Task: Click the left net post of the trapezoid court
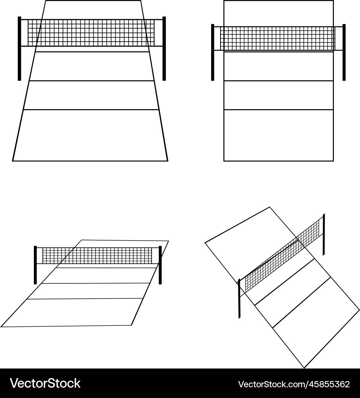(x=19, y=49)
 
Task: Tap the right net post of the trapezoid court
(x=164, y=49)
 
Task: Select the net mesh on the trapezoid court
(x=91, y=33)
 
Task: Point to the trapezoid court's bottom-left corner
(x=13, y=161)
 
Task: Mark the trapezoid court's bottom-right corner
(x=168, y=161)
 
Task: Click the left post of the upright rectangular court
(x=212, y=52)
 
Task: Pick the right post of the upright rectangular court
(x=344, y=52)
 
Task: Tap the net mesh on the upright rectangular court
(x=278, y=38)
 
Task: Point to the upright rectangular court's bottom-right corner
(x=333, y=161)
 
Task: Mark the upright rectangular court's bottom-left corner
(x=224, y=161)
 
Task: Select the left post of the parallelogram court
(x=35, y=265)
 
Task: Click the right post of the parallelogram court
(x=160, y=265)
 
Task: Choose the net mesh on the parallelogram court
(x=97, y=256)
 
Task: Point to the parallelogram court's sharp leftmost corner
(x=1, y=327)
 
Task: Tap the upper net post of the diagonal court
(x=324, y=234)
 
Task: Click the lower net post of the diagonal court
(x=239, y=298)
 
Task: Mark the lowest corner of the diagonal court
(x=304, y=368)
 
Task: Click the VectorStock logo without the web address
(x=45, y=383)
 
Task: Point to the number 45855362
(x=329, y=384)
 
